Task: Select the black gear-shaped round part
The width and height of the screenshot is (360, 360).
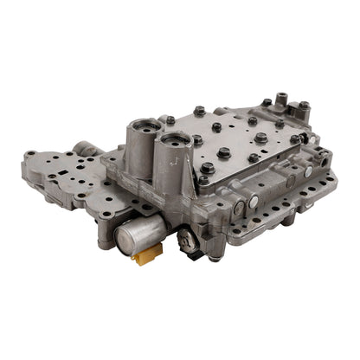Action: pyautogui.click(x=184, y=240)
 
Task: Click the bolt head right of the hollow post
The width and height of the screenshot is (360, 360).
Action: pyautogui.click(x=304, y=106)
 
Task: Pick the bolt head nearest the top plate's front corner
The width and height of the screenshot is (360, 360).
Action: pyautogui.click(x=203, y=180)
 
